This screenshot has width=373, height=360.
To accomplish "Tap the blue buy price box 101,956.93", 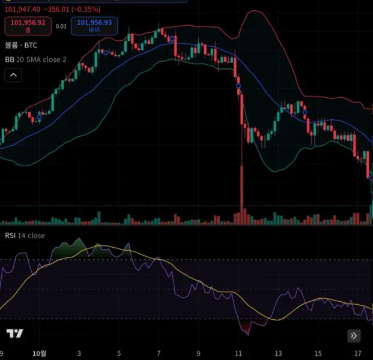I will [x=94, y=26].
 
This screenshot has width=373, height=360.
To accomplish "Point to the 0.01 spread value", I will [x=61, y=26].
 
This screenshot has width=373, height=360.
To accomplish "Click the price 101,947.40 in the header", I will [x=23, y=10].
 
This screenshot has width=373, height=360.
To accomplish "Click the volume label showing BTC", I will [x=21, y=45].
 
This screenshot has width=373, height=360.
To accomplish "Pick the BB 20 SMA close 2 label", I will [x=36, y=59].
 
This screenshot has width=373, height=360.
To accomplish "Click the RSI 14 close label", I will [x=25, y=236].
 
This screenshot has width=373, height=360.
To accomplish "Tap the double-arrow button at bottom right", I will [x=354, y=335].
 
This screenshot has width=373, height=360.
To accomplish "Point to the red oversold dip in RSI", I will [x=246, y=326].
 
